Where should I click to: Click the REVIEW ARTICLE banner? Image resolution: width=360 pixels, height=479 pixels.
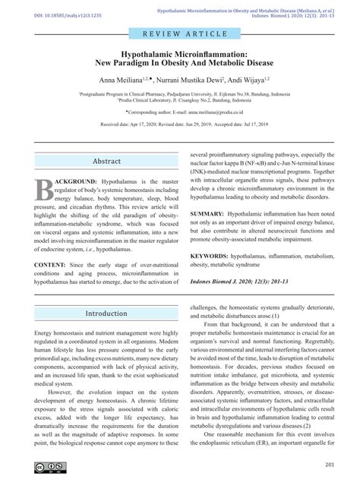[x=180, y=35]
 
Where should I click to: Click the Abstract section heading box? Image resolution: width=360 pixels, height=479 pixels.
[x=106, y=161]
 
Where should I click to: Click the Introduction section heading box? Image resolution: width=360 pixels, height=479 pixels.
[x=106, y=313]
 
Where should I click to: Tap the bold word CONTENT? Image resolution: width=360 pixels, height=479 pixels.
[x=50, y=263]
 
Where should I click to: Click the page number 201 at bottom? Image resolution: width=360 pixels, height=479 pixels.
[x=330, y=465]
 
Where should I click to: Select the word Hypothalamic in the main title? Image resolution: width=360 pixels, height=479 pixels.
[x=148, y=55]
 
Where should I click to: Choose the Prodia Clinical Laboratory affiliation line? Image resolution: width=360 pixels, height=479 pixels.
[x=180, y=99]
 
